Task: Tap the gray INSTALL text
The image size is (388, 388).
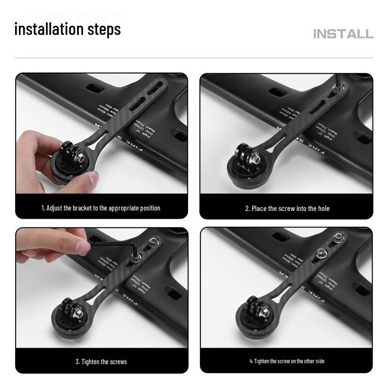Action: (x=343, y=34)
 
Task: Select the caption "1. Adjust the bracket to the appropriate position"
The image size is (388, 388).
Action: (x=101, y=208)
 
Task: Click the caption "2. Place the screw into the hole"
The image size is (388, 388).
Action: (x=287, y=209)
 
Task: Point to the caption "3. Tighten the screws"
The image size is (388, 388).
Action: (x=101, y=362)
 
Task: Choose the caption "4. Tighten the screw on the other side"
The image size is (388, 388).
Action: (x=287, y=361)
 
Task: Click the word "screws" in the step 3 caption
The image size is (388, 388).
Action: (x=118, y=362)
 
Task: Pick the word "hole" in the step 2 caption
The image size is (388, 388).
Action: (x=323, y=209)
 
